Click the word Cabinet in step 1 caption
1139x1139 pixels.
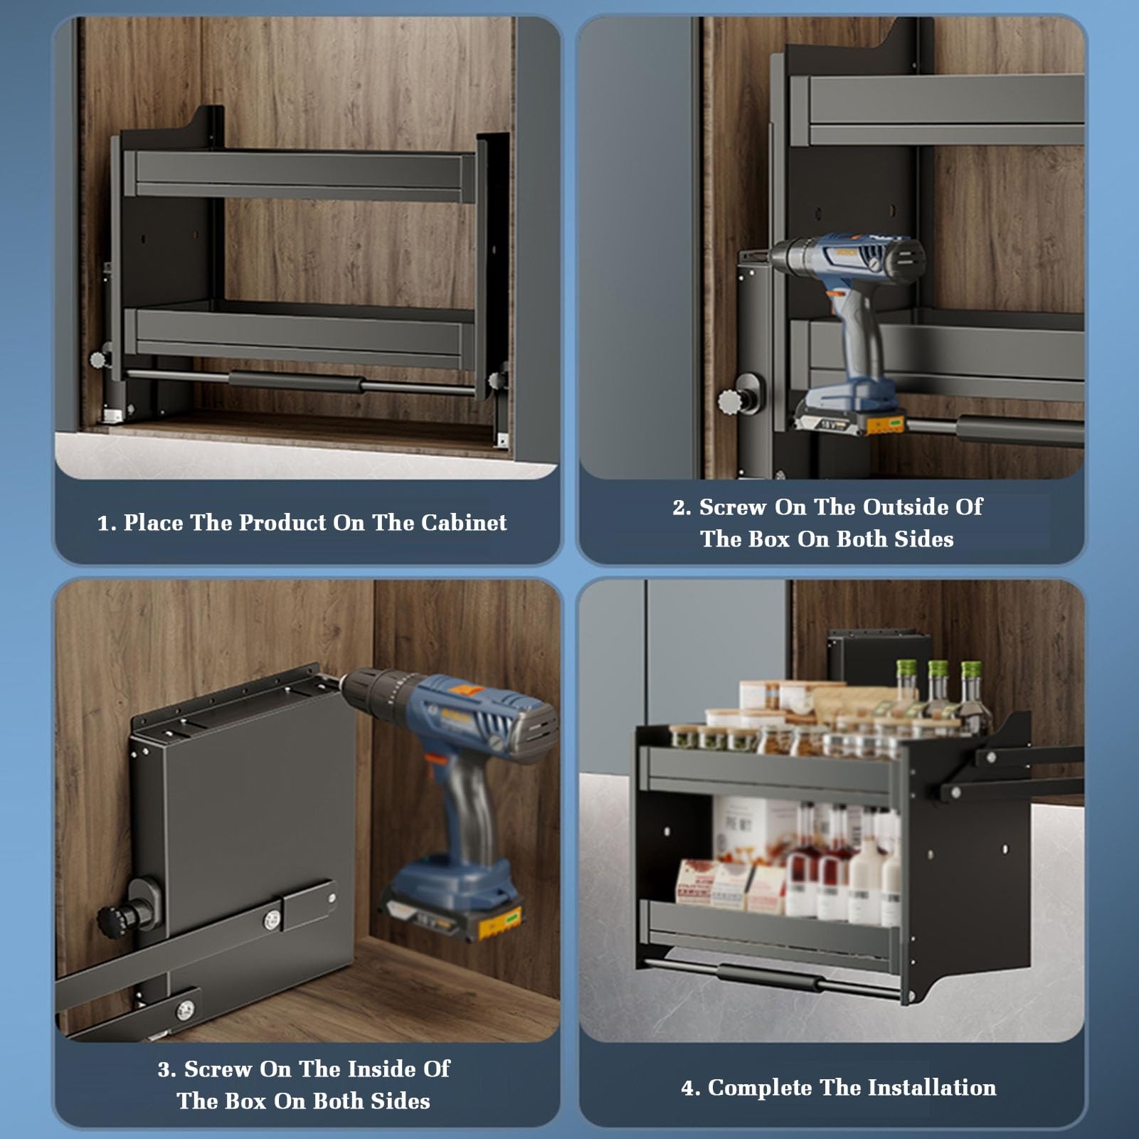[464, 522]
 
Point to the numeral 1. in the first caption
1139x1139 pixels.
[107, 523]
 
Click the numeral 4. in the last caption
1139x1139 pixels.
[690, 1088]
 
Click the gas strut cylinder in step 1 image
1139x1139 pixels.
[296, 383]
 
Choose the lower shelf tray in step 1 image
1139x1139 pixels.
[299, 334]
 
